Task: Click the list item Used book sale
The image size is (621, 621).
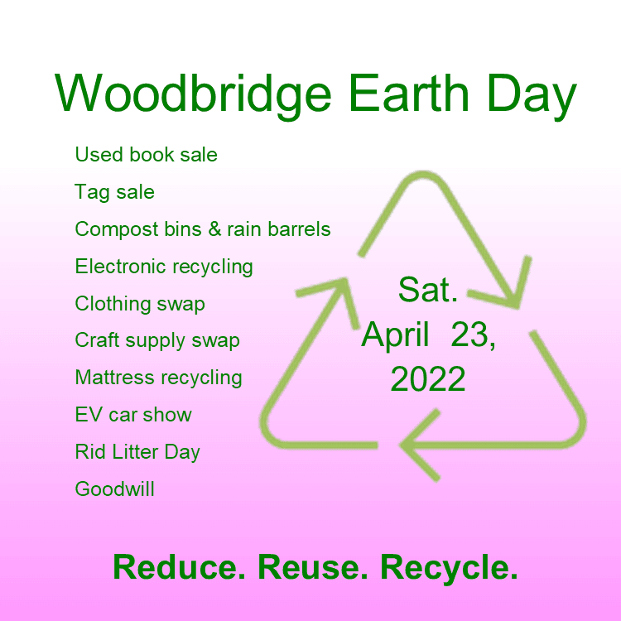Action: click(146, 155)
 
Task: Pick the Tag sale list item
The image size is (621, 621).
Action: click(114, 192)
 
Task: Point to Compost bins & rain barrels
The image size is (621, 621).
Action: click(203, 229)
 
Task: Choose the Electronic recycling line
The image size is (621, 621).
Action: click(164, 267)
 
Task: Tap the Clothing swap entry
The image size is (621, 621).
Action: click(140, 304)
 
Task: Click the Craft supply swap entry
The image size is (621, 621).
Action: click(157, 341)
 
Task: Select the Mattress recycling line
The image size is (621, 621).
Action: click(158, 378)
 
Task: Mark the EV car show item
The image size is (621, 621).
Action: click(133, 415)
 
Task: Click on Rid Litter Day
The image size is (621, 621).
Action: click(137, 452)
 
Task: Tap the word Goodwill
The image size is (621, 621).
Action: click(114, 489)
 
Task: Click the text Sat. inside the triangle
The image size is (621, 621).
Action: click(428, 290)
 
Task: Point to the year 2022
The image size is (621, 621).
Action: click(428, 379)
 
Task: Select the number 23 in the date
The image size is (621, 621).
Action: click(471, 335)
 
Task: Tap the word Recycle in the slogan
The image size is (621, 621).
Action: click(449, 568)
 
